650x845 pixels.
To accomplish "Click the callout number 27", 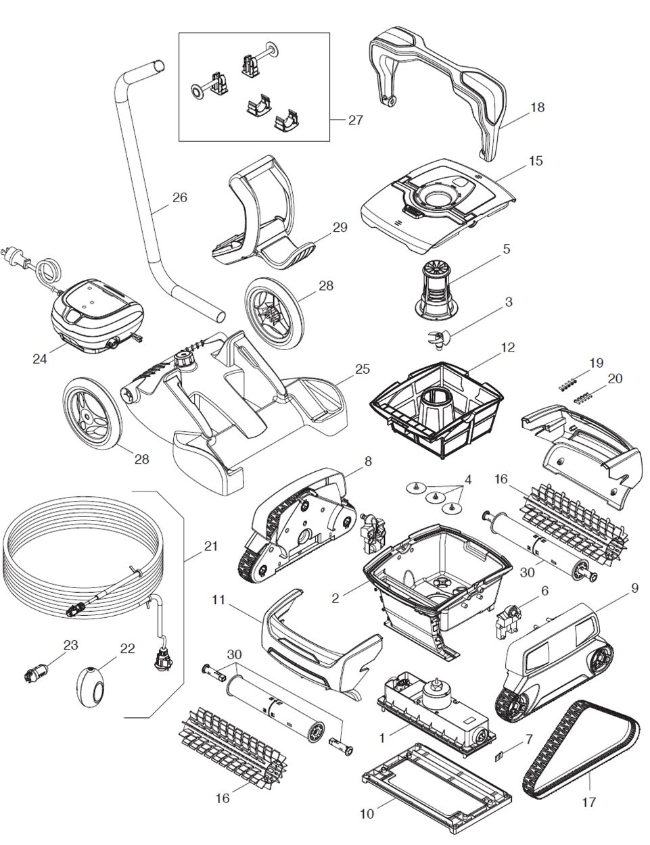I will point(355,120).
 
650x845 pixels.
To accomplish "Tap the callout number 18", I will point(537,107).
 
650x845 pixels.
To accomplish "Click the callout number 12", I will point(507,347).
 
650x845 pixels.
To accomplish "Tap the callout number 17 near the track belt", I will point(588,802).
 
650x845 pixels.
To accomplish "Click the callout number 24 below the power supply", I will point(40,358).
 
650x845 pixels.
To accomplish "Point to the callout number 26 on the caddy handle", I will point(179,197).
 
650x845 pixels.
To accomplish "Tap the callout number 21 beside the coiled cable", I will point(211,546).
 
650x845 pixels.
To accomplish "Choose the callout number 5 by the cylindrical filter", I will point(506,249).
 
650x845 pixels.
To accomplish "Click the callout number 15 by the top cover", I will point(536,161).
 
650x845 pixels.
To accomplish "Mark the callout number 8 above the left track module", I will point(367,462).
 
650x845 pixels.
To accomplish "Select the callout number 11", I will point(217,599).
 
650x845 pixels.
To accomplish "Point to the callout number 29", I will point(340,227).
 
